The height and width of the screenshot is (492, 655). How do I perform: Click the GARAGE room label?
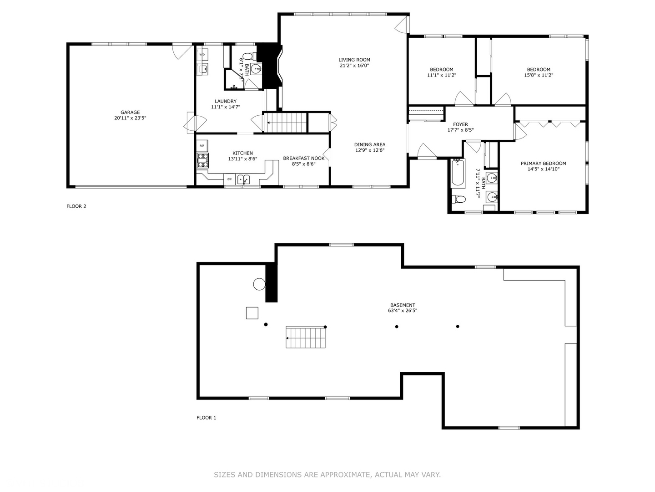[130, 112]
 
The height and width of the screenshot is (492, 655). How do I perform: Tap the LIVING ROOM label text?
[354, 60]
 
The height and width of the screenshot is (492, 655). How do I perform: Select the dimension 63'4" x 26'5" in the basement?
[402, 311]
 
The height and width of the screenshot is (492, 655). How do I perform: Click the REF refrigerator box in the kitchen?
[202, 146]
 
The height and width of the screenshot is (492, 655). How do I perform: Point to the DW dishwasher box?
[229, 179]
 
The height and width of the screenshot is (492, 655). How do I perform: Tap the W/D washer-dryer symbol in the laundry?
[202, 55]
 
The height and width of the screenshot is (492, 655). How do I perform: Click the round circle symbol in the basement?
[259, 284]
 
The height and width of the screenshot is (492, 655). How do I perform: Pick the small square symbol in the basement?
[252, 313]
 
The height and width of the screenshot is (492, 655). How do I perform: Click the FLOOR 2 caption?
[76, 206]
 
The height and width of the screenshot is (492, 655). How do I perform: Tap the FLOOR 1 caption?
[206, 418]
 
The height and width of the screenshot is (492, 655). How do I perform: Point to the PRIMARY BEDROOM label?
[543, 164]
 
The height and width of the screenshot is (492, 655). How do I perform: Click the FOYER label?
[460, 124]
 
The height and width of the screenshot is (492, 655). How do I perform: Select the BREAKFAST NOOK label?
[303, 158]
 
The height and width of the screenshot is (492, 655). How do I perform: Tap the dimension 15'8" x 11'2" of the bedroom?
[539, 75]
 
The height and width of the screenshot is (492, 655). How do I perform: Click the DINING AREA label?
[370, 144]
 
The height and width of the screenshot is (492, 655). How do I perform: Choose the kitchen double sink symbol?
[243, 179]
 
